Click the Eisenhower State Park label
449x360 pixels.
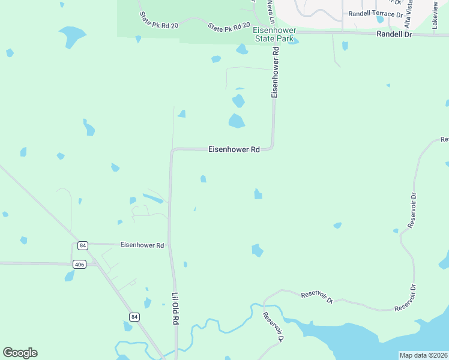tap(273, 34)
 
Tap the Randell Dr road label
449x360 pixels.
tap(395, 35)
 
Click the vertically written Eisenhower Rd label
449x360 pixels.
tap(276, 73)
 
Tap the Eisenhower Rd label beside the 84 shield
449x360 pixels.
tap(142, 245)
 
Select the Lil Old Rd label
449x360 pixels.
tap(176, 308)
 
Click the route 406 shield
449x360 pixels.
tap(80, 264)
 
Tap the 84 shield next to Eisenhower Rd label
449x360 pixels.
tap(82, 245)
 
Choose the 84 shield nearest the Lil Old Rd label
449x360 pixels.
tap(134, 316)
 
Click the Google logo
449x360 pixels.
tap(20, 353)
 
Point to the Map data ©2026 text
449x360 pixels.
tap(423, 355)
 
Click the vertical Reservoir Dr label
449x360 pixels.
tap(412, 210)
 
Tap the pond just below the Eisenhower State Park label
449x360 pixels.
tap(242, 49)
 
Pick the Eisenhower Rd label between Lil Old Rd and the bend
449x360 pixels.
tap(234, 149)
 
